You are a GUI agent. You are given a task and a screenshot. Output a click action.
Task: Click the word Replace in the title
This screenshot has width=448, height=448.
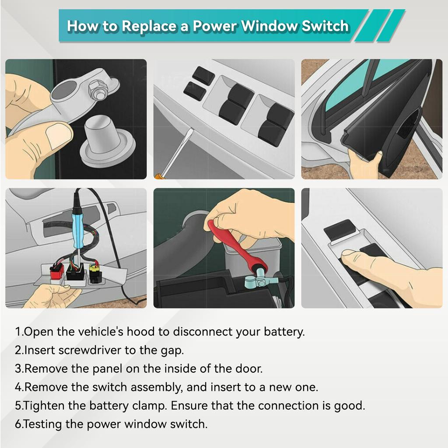coord(148,26)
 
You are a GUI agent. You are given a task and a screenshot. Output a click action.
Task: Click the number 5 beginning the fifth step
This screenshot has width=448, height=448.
coord(18,406)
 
